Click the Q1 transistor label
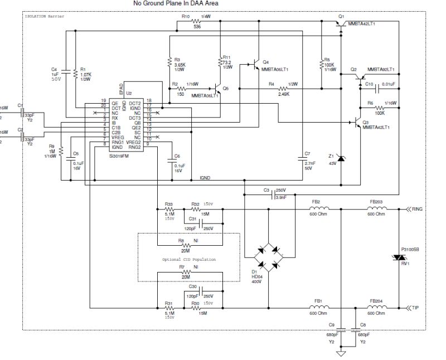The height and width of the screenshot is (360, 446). pyautogui.click(x=341, y=17)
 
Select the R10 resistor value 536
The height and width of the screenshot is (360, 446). pyautogui.click(x=197, y=26)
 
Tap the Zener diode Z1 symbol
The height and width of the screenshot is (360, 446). pyautogui.click(x=342, y=159)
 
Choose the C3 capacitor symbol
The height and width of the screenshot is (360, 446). pyautogui.click(x=274, y=196)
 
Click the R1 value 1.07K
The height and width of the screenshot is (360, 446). pyautogui.click(x=85, y=75)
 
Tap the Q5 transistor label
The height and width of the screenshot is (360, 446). pyautogui.click(x=225, y=89)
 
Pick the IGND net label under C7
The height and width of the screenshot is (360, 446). pyautogui.click(x=205, y=177)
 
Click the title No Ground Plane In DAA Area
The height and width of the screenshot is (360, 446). pyautogui.click(x=176, y=3)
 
